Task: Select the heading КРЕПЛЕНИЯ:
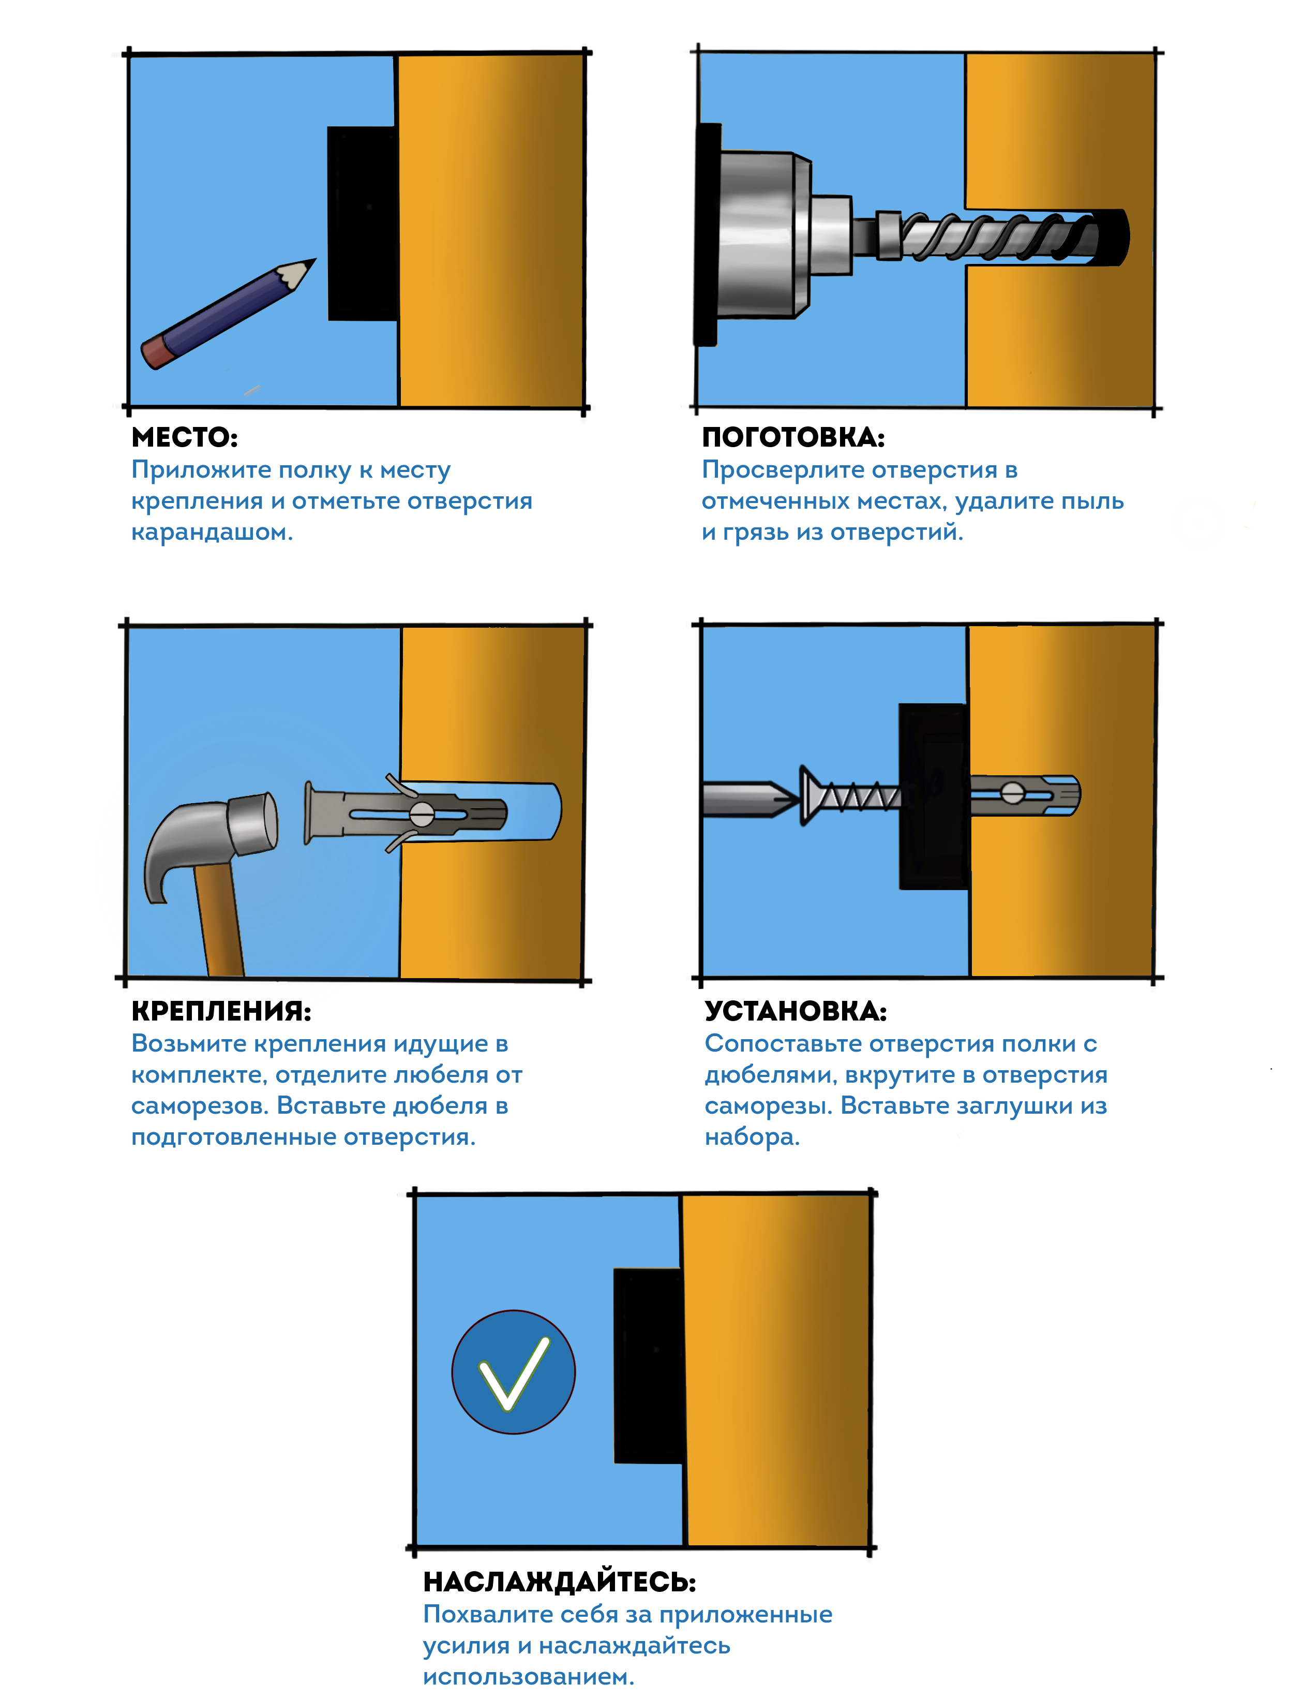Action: pyautogui.click(x=221, y=1011)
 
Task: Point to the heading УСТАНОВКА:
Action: pyautogui.click(x=796, y=1011)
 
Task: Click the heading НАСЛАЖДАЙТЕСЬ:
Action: pyautogui.click(x=560, y=1582)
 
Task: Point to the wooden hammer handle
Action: pyautogui.click(x=218, y=918)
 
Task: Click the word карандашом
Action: pyautogui.click(x=212, y=533)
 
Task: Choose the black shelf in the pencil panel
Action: pyautogui.click(x=363, y=224)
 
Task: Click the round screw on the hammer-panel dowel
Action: pyautogui.click(x=422, y=814)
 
